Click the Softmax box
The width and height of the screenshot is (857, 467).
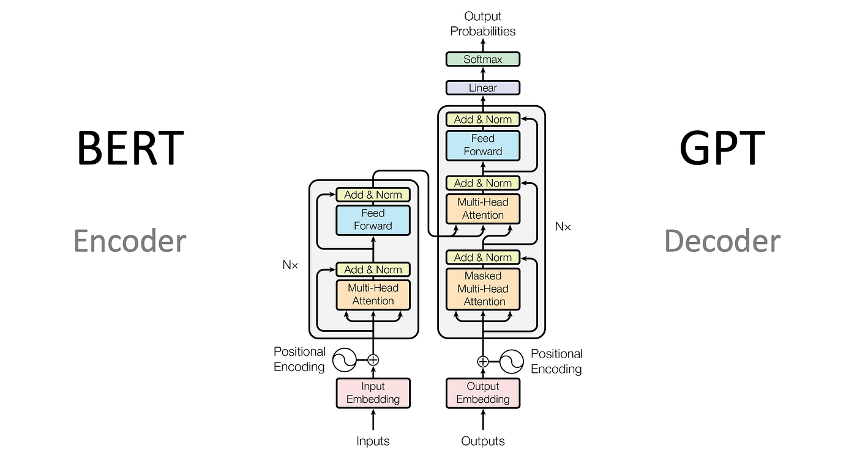(x=482, y=59)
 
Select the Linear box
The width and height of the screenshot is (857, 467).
(x=482, y=88)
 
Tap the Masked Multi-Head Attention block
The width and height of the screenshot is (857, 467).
(x=482, y=289)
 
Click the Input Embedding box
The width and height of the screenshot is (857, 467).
(x=373, y=393)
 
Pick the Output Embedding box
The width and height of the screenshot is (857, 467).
(x=482, y=393)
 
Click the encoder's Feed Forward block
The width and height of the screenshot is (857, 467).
(x=373, y=219)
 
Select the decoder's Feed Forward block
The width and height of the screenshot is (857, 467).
(x=482, y=145)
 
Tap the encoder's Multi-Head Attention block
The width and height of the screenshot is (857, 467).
(x=373, y=295)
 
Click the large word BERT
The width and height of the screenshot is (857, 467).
(x=130, y=149)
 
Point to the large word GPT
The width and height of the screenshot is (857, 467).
(x=722, y=149)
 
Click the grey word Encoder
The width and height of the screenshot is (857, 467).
(x=130, y=241)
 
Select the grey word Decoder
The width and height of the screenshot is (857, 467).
(x=722, y=241)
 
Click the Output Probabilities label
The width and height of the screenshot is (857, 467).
(x=482, y=23)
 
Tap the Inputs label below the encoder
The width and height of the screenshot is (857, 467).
(x=373, y=441)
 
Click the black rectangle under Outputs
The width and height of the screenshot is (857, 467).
(x=490, y=458)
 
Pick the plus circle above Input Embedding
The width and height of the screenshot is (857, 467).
(x=373, y=360)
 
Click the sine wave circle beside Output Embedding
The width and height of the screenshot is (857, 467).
(x=512, y=361)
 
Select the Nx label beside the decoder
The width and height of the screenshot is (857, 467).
(x=563, y=227)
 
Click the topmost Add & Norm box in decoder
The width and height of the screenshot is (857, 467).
(x=482, y=119)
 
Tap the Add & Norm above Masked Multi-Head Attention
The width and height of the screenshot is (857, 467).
(x=482, y=257)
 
